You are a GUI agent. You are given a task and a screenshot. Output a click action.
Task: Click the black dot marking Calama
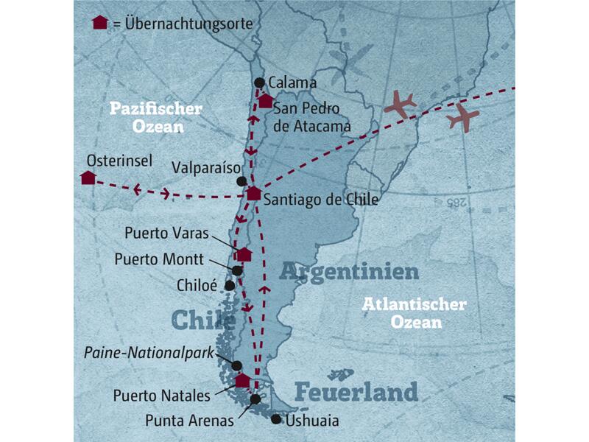coord(258,83)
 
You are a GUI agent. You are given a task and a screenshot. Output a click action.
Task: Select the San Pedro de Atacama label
coord(311,118)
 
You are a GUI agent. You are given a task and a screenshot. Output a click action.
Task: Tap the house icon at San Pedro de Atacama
coord(265,102)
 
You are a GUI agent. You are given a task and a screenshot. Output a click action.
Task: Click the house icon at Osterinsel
coord(88,178)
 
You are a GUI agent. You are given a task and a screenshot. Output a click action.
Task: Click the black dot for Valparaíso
coord(241,180)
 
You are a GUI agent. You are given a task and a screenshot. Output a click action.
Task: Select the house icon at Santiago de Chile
coord(253,194)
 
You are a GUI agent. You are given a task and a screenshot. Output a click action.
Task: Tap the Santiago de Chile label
coord(320,199)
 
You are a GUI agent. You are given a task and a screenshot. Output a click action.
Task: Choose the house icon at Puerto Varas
coord(244,254)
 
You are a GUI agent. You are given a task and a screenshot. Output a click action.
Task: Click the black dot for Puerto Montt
coord(237,270)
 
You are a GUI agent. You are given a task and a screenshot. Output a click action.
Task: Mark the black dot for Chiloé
coord(230,285)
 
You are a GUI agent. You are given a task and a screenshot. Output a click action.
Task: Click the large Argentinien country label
coord(349,273)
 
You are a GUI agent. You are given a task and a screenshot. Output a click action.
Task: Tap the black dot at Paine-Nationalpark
coord(236,365)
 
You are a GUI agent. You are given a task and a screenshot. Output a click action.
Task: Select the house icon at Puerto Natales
coord(242,380)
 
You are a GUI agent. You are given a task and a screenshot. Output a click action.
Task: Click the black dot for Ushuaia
coord(275,419)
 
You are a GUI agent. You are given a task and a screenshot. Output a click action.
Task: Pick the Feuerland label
coord(356,391)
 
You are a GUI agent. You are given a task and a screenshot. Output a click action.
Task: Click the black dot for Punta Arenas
coord(255,399)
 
